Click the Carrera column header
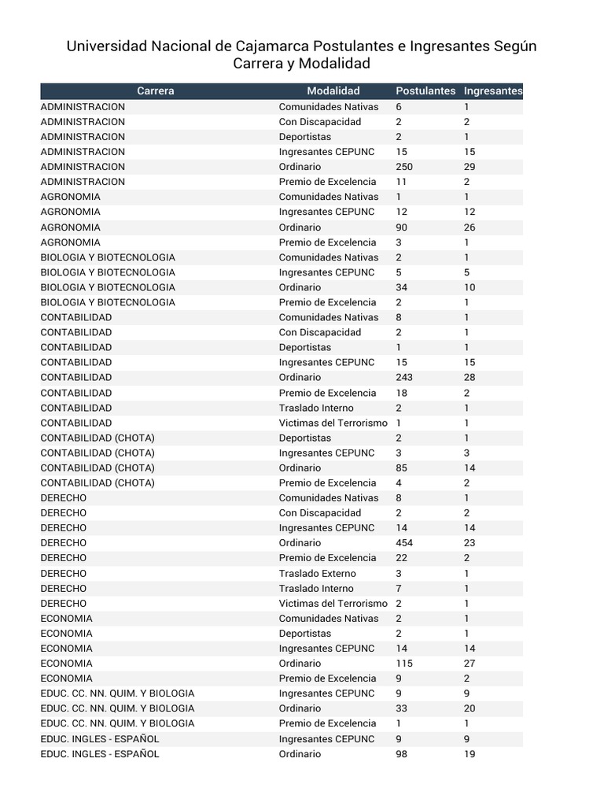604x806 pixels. pos(155,91)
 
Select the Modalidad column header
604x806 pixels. pos(333,91)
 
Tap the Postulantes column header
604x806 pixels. pos(425,91)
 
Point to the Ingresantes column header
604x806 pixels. pos(492,91)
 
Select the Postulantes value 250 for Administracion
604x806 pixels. pos(404,167)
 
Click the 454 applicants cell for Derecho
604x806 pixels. pos(404,543)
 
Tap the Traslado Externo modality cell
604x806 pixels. pos(317,573)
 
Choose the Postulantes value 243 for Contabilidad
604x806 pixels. pos(404,378)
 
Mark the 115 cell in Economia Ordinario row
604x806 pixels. pos(404,664)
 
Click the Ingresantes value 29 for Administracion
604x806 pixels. pos(470,167)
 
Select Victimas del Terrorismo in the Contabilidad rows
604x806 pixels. pos(333,423)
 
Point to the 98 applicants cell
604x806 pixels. pos(401,754)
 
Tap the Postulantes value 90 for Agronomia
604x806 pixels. pos(401,227)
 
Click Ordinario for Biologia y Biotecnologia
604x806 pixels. pos(300,287)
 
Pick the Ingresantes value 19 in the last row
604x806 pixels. pos(470,754)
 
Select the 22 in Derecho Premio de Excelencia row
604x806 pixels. pos(401,558)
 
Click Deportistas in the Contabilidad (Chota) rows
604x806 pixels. pos(304,438)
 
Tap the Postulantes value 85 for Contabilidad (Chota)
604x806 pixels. pos(401,468)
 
